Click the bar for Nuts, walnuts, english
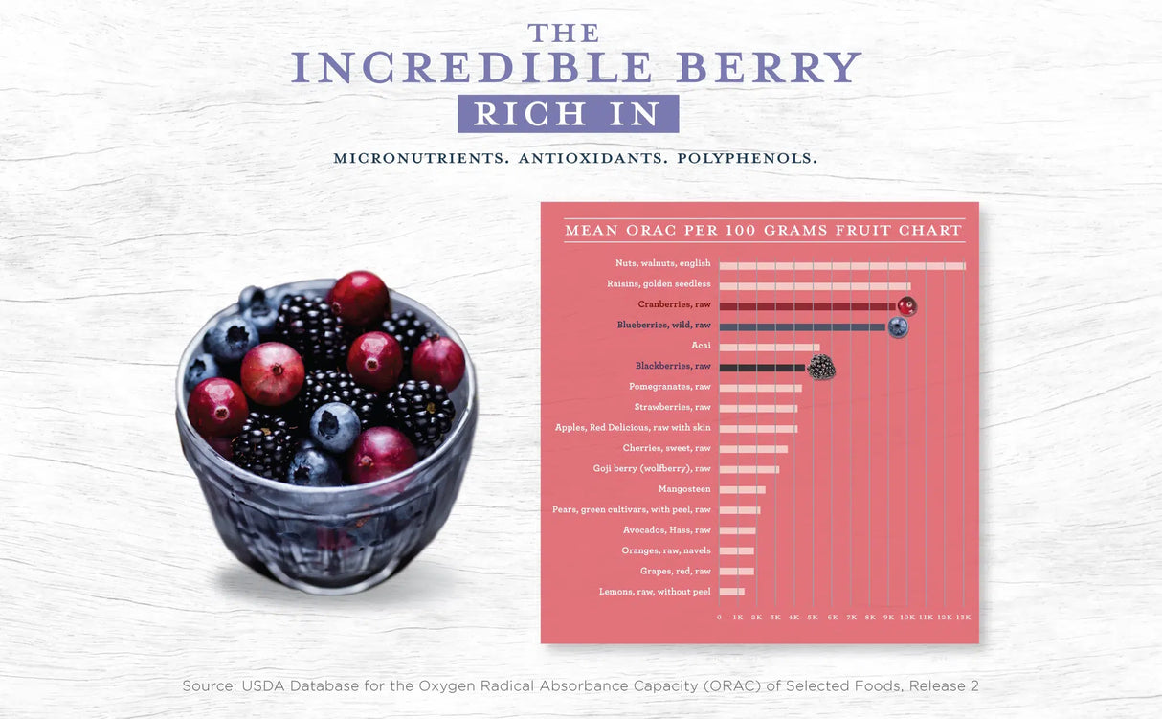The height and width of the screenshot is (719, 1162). coord(841,265)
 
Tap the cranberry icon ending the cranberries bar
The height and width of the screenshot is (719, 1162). coord(906,306)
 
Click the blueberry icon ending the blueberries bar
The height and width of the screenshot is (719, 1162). coord(898,327)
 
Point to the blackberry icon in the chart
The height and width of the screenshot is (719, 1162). coord(821,368)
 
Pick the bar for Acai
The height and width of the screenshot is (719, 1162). coord(769,347)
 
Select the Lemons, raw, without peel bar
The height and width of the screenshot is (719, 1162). coord(731,592)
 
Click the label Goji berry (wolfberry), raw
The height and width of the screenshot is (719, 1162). coord(652,469)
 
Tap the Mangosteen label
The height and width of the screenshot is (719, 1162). coord(684,489)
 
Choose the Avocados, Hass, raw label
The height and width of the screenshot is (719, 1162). coord(666,530)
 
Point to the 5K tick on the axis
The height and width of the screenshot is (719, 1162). coord(813,618)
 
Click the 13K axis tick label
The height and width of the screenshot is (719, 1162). coord(963,618)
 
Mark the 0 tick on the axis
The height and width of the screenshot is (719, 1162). coord(719,618)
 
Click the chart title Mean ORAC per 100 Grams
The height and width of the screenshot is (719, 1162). coord(763,231)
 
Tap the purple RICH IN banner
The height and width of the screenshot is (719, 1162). coord(568,114)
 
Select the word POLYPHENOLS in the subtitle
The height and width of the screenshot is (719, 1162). coord(747,158)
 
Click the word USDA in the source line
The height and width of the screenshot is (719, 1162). coord(262,686)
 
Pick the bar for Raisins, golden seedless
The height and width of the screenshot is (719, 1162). coord(814,285)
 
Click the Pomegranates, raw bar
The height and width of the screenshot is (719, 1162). coord(760,388)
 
